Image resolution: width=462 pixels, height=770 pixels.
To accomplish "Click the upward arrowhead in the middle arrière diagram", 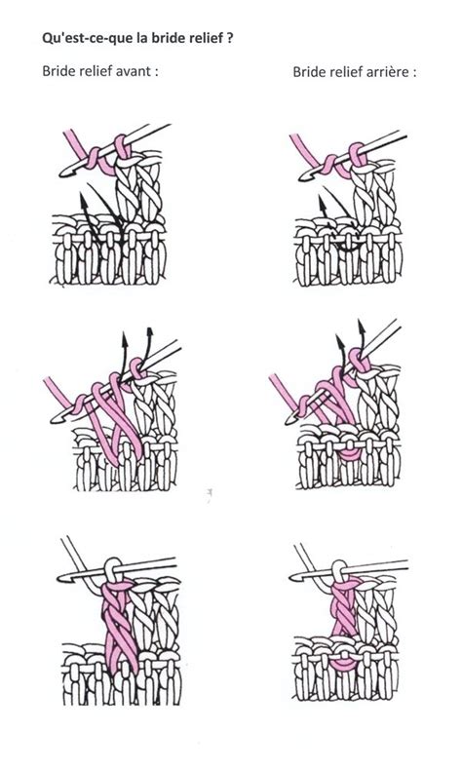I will click(336, 342).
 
